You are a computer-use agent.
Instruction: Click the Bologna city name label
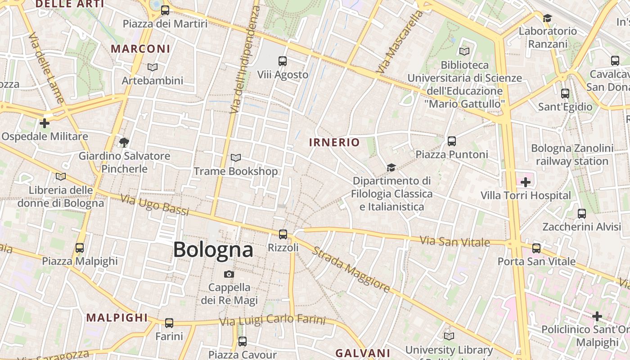tap(213, 249)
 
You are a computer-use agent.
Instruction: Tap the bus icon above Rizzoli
tap(283, 234)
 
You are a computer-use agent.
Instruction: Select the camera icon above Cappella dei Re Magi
tap(229, 274)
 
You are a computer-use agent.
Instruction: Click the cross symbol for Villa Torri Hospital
tap(525, 182)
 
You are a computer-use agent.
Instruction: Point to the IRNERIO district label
tap(334, 143)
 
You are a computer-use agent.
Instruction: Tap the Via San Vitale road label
tap(454, 242)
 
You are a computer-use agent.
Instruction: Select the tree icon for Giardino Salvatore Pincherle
tap(124, 143)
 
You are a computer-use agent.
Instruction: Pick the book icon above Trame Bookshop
tap(235, 157)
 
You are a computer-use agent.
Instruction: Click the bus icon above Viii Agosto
tap(283, 61)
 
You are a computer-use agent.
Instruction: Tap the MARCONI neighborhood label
tap(140, 49)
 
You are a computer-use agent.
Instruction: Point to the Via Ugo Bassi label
tap(155, 205)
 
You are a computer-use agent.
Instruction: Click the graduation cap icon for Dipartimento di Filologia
tap(391, 167)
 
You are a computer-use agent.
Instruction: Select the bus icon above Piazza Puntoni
tap(452, 141)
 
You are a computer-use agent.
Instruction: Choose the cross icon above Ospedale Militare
tap(44, 123)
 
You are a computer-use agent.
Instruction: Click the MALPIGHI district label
tap(117, 318)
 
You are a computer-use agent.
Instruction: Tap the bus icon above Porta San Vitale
tap(536, 248)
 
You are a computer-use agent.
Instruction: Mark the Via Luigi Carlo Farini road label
tap(272, 320)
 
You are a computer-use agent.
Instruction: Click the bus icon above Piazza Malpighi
tap(80, 247)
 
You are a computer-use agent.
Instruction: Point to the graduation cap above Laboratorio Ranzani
tap(547, 18)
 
